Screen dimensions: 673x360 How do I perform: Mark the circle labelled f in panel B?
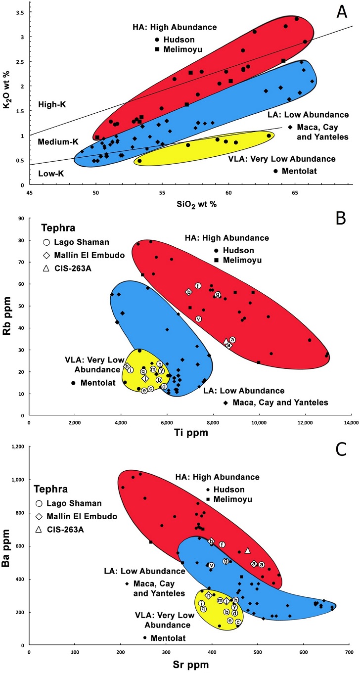point(198,285)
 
